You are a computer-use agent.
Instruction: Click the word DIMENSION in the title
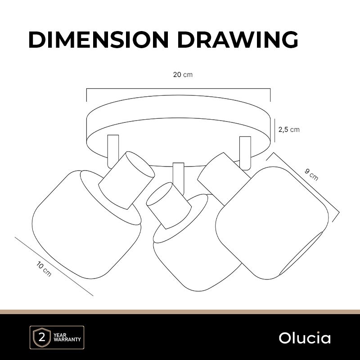tap(99, 40)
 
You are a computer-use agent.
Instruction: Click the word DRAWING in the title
tap(238, 40)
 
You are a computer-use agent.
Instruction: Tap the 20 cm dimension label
tap(183, 75)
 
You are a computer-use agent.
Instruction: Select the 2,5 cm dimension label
tap(289, 130)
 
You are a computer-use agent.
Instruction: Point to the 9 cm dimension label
tap(311, 175)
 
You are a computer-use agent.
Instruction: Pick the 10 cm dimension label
tap(44, 269)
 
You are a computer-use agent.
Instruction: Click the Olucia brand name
tap(305, 338)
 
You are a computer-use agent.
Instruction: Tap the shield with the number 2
tap(42, 338)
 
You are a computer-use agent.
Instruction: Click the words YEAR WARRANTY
tap(67, 337)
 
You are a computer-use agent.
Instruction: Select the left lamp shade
tap(86, 225)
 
